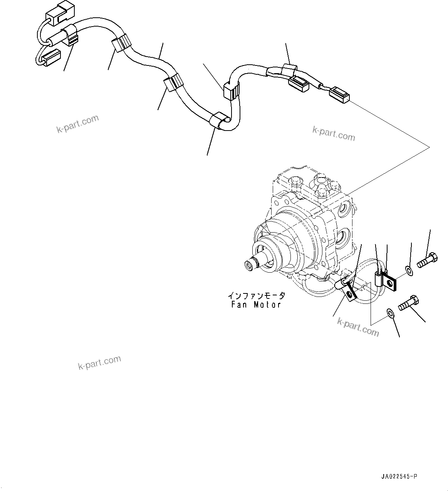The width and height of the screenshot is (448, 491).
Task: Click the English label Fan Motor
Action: coord(256,305)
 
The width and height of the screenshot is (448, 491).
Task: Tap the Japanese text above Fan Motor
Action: coord(256,296)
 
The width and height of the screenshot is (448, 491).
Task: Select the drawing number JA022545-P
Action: coord(399,477)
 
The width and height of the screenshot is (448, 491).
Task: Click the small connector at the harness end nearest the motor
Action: coord(339,94)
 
